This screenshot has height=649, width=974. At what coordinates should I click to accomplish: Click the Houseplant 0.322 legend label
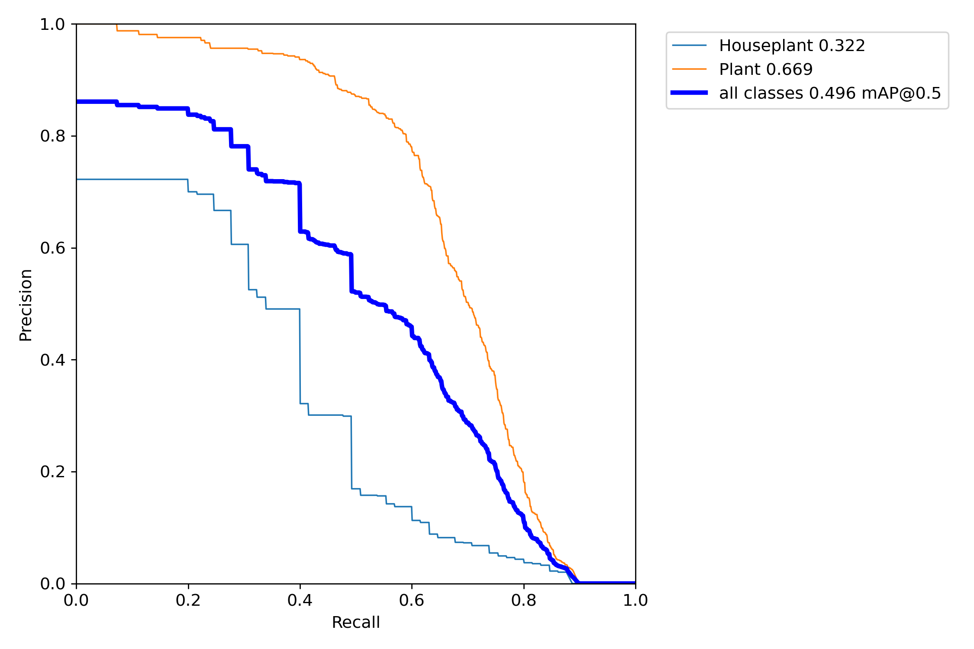coord(792,45)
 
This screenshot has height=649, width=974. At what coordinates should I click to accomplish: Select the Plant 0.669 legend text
coord(766,69)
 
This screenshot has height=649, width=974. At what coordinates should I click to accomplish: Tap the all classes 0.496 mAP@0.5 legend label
coord(830,93)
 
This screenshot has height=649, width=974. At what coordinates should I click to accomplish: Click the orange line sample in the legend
coord(689,69)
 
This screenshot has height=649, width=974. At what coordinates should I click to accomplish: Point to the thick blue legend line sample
coord(689,93)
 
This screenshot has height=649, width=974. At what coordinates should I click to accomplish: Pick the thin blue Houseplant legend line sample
coord(689,45)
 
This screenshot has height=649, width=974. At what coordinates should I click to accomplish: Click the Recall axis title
coord(355,623)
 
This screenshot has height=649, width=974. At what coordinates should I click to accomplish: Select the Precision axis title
coord(26,305)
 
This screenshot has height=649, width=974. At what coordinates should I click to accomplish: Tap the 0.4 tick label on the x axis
coord(300,601)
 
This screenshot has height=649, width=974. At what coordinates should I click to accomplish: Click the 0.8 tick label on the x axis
coord(523,601)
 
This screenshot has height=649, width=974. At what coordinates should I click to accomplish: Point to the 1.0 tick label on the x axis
coord(635,601)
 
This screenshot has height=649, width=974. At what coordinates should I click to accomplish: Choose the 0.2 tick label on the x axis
coord(188,601)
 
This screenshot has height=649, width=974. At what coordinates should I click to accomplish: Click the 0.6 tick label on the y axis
coord(52,248)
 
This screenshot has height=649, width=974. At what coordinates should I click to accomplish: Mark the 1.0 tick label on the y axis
coord(52,25)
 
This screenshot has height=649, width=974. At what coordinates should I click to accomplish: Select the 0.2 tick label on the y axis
coord(52,472)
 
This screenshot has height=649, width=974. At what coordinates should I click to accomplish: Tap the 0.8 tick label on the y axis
coord(52,136)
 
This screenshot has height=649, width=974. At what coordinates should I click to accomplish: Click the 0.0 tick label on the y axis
coord(52,584)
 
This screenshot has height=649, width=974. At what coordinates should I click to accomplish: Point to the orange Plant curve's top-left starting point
coord(116,25)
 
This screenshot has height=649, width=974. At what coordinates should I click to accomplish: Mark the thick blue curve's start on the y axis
coord(77,102)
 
